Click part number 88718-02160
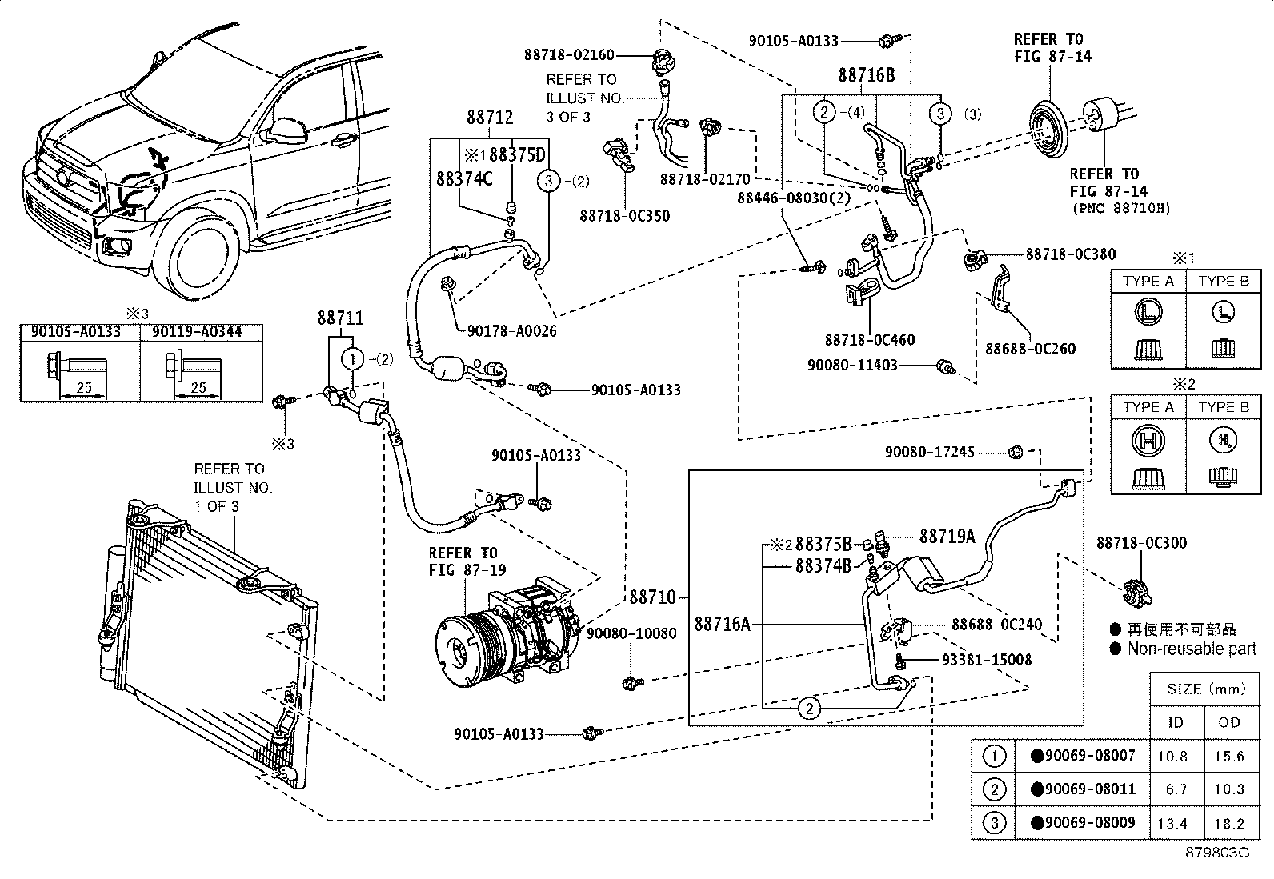point(569,55)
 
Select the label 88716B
point(867,76)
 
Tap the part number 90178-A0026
point(507,330)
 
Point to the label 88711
point(340,318)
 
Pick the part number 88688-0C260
point(1030,349)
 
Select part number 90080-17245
point(929,453)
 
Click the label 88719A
point(947,537)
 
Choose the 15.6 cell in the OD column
point(1228,756)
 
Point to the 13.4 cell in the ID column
point(1176,823)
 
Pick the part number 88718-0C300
point(1141,543)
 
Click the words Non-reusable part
point(1192,649)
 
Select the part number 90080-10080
point(631,633)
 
